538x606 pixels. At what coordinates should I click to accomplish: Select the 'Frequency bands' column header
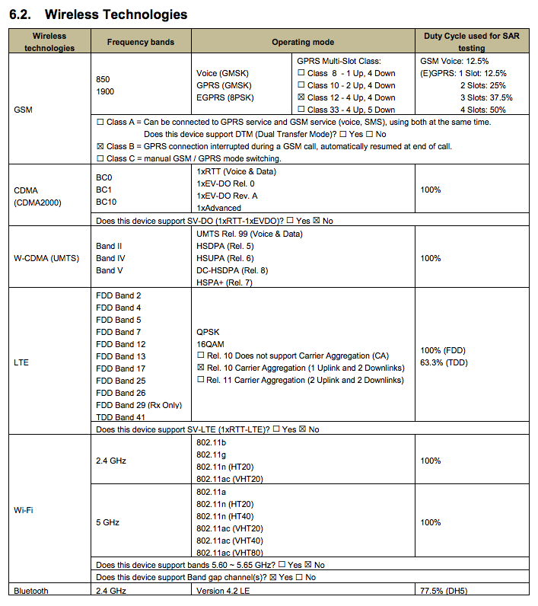[140, 42]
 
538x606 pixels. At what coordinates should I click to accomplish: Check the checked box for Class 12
[301, 97]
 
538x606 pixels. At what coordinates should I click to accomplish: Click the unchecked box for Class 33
[301, 110]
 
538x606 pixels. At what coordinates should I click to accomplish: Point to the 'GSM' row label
[23, 109]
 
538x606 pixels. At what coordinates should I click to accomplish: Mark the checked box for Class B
[100, 146]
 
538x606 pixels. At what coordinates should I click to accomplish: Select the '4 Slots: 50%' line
[485, 110]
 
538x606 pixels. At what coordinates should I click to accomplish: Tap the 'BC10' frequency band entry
[107, 202]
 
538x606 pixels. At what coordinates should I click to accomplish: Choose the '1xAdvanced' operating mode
[218, 208]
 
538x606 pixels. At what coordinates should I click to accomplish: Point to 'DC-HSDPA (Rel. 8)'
[232, 270]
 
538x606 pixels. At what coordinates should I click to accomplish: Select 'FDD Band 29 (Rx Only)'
[138, 405]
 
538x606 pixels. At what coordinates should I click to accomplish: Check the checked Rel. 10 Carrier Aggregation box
[200, 368]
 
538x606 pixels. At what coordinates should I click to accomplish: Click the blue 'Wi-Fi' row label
[23, 509]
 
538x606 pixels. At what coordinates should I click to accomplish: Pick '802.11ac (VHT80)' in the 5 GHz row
[230, 553]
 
